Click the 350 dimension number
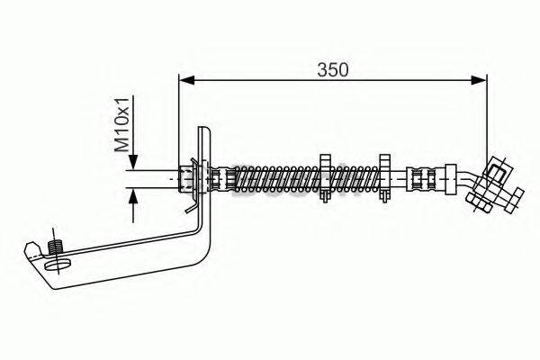pos(333,70)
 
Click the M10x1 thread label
pos(121,124)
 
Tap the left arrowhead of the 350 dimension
pos(187,80)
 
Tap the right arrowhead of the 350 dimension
pos(479,80)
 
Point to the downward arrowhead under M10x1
pos(133,162)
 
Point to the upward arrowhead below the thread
pos(133,196)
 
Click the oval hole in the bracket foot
pos(58,265)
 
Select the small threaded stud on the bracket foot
pos(55,247)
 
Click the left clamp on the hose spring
pos(325,178)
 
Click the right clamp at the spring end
pos(384,178)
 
